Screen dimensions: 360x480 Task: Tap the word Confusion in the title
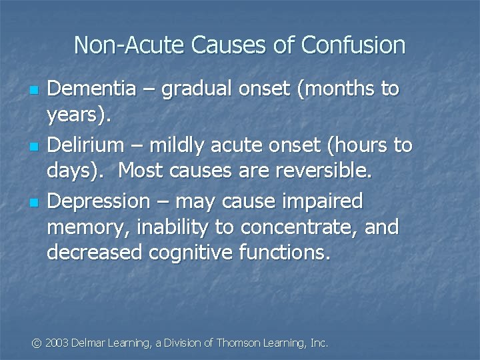coord(353,45)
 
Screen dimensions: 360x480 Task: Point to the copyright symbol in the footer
coord(37,343)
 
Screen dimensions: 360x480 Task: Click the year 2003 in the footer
coord(57,343)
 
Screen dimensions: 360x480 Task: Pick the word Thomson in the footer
coord(240,343)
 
